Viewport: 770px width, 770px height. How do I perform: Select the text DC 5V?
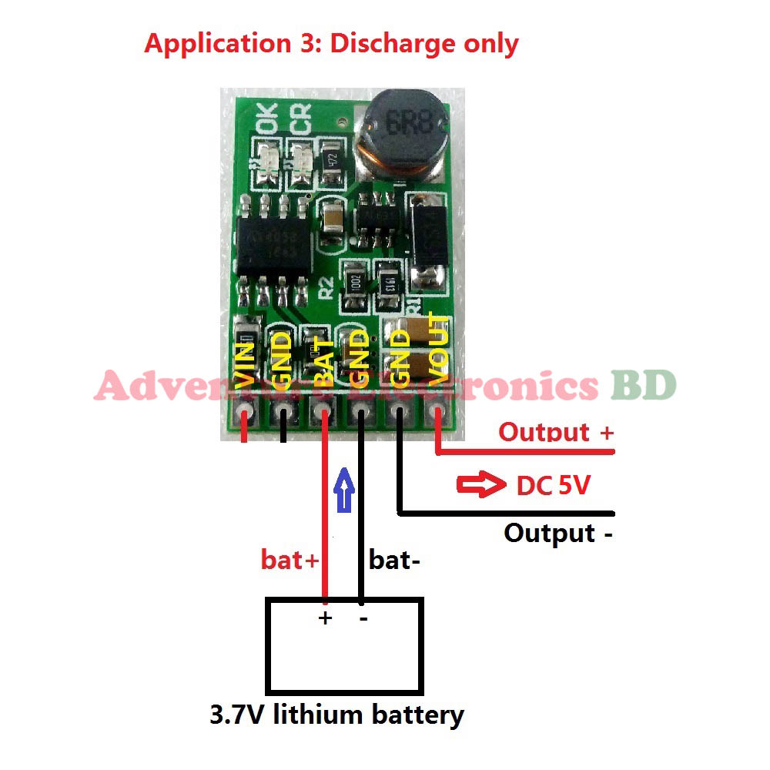click(x=553, y=486)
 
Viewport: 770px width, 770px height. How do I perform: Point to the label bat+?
click(x=289, y=560)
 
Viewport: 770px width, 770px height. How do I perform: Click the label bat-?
click(x=394, y=560)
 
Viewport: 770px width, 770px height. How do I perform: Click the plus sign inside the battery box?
click(x=325, y=618)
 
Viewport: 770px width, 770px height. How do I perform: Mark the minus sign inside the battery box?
click(x=362, y=618)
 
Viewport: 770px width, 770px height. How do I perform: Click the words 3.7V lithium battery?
click(x=337, y=715)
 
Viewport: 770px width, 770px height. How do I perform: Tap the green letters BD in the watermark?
click(x=644, y=384)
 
